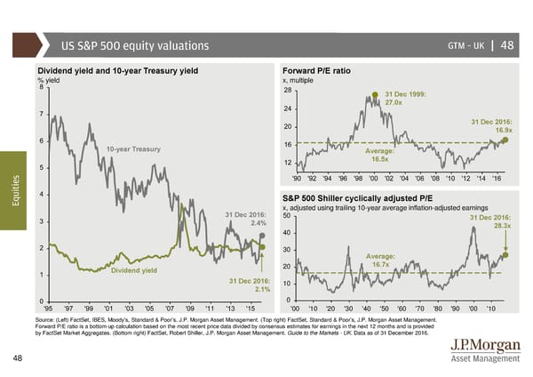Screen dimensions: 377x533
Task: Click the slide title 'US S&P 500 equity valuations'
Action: point(135,46)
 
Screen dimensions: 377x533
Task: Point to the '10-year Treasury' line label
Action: point(134,148)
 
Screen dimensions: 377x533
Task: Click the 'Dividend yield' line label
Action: point(133,270)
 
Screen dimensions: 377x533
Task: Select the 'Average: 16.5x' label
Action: point(379,155)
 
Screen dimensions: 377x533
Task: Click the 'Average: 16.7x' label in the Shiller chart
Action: point(379,261)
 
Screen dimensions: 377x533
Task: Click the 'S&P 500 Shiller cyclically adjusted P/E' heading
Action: point(355,197)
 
